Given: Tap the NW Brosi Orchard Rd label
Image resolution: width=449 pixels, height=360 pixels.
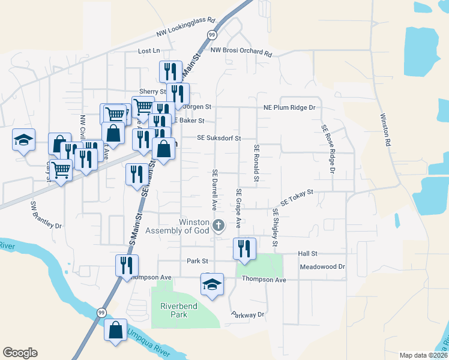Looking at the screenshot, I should click(x=241, y=52).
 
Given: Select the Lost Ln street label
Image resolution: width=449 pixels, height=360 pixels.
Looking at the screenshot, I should click(x=149, y=51).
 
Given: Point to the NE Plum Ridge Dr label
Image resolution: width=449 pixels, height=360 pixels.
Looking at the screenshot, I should click(x=289, y=107).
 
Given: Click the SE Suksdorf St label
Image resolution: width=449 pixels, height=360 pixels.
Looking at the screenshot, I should click(x=219, y=138).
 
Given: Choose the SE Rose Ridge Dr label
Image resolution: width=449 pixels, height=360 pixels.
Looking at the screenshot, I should click(x=328, y=149).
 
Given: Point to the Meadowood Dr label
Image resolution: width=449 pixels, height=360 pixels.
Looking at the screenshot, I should click(x=323, y=266).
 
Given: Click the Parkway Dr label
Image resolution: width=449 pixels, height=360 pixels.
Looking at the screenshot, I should click(x=247, y=314).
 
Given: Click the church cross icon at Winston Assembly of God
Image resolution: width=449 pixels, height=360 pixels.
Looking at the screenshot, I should click(x=219, y=226).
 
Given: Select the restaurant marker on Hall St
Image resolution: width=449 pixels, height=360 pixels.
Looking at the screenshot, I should click(x=244, y=248).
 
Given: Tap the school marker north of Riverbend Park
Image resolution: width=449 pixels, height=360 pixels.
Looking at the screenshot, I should click(x=212, y=284).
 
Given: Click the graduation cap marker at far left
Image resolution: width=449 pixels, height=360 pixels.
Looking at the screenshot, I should click(x=24, y=140).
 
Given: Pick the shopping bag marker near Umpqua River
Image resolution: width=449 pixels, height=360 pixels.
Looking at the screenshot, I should click(x=115, y=331).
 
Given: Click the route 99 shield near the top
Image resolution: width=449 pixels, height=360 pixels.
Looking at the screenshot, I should click(x=212, y=35).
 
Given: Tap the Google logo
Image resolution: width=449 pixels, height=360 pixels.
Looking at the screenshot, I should click(x=20, y=353).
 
